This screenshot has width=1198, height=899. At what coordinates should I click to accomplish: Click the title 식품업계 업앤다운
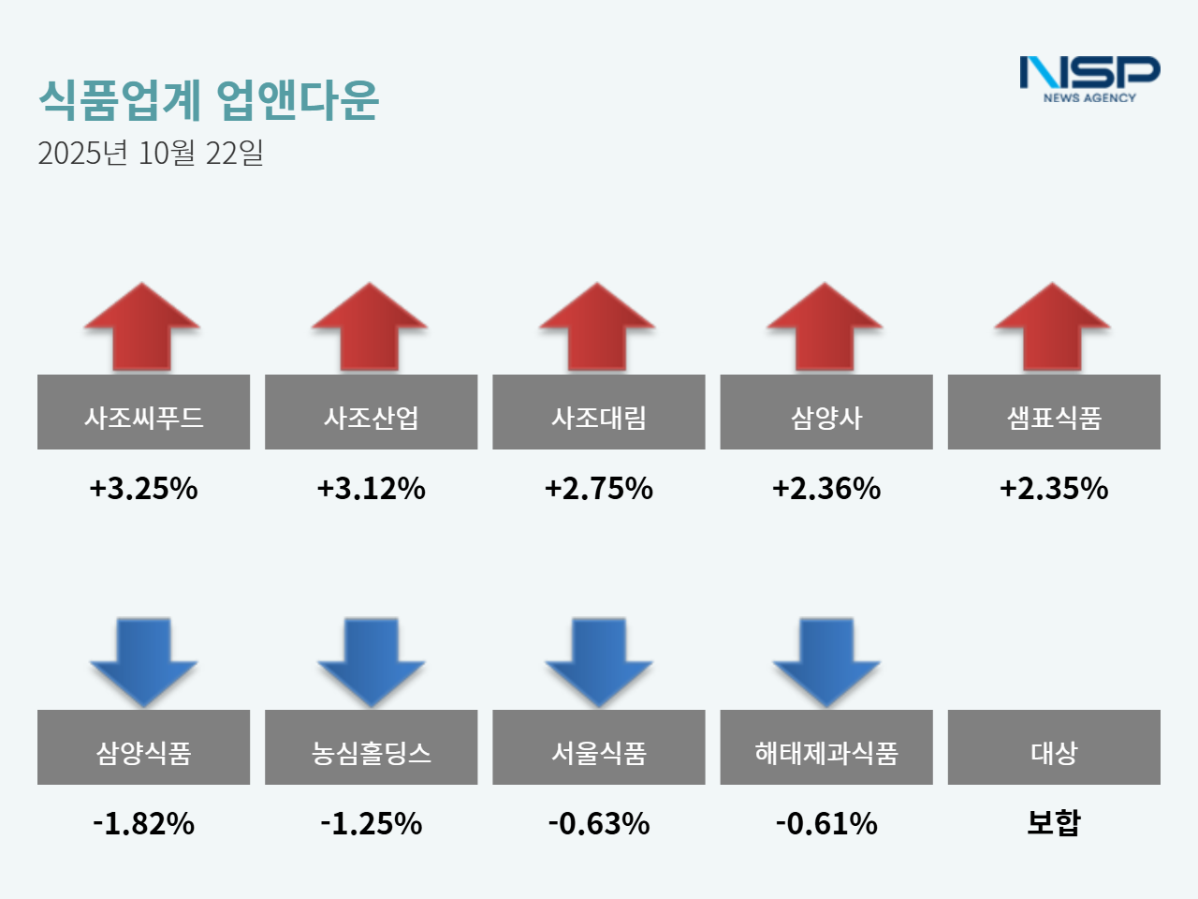pyautogui.click(x=209, y=99)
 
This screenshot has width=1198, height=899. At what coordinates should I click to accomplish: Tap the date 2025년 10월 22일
pyautogui.click(x=151, y=153)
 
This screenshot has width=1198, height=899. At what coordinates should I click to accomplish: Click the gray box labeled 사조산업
pyautogui.click(x=371, y=412)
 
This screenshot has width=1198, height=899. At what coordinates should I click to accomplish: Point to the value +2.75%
pyautogui.click(x=599, y=488)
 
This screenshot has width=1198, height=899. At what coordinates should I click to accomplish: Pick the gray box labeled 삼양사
pyautogui.click(x=825, y=412)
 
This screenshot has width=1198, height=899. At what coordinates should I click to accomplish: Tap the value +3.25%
pyautogui.click(x=143, y=488)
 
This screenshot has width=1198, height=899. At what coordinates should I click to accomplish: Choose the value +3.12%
pyautogui.click(x=371, y=488)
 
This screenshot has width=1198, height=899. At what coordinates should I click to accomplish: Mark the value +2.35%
pyautogui.click(x=1054, y=488)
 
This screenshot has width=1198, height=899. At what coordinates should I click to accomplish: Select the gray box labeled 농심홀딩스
pyautogui.click(x=371, y=747)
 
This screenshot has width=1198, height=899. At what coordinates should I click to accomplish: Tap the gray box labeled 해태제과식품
pyautogui.click(x=825, y=747)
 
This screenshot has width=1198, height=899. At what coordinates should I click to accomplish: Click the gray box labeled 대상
pyautogui.click(x=1054, y=747)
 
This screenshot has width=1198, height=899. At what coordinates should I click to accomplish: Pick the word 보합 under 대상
pyautogui.click(x=1054, y=822)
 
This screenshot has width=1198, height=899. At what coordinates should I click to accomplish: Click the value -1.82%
pyautogui.click(x=143, y=823)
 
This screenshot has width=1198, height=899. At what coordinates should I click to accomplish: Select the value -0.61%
pyautogui.click(x=826, y=823)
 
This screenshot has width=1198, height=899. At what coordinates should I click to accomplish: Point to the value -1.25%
pyautogui.click(x=371, y=823)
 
